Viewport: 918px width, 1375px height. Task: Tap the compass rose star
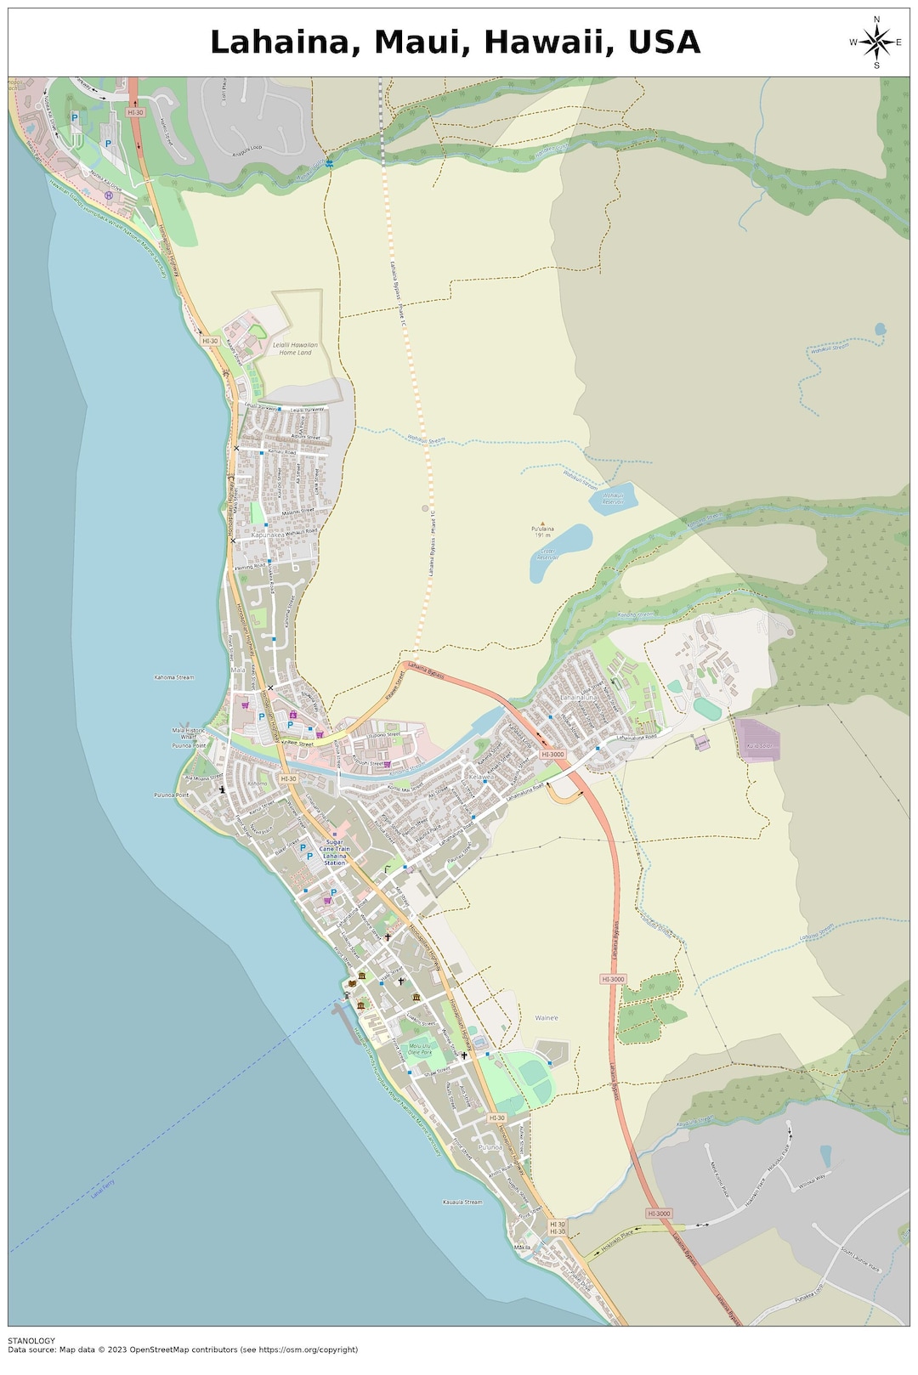(876, 42)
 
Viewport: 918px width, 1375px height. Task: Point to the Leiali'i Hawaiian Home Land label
(295, 348)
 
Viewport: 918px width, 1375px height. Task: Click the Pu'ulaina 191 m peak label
(543, 532)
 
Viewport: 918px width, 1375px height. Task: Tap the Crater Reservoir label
(546, 553)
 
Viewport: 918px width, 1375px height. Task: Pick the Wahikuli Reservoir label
(613, 499)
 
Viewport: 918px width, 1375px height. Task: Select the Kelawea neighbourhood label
(482, 777)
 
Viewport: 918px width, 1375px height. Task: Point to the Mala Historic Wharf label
(189, 733)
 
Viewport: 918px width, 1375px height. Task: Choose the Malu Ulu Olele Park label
(420, 1049)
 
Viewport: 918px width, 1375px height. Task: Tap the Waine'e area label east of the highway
(547, 1018)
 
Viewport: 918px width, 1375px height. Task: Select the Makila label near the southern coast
(522, 1248)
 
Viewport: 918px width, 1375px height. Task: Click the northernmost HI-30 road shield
(135, 112)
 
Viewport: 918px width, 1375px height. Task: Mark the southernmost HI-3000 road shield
(658, 1214)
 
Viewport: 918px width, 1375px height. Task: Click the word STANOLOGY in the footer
(31, 1341)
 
